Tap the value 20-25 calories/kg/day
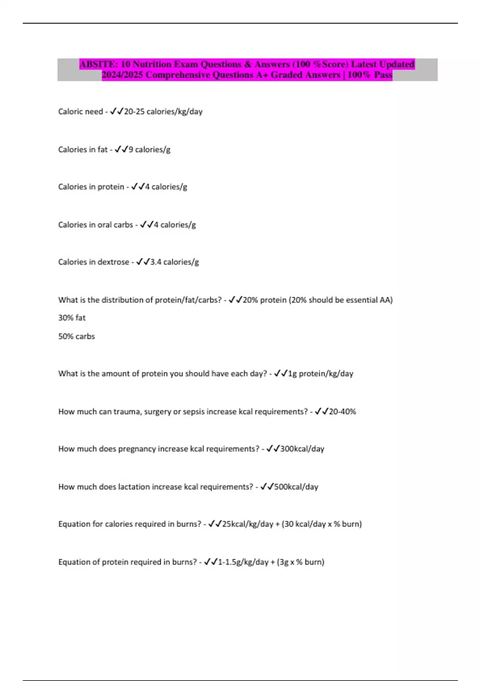coord(163,112)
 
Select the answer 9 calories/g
coord(149,149)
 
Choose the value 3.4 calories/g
coord(174,262)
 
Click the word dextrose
coord(113,262)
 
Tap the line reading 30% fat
coord(72,318)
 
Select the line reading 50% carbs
coord(77,336)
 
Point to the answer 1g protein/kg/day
coord(321,374)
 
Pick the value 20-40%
coord(342,411)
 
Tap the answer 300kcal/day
coord(302,449)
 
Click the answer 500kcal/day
coord(296,487)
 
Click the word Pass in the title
coord(383,75)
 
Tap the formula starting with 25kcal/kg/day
coord(292,524)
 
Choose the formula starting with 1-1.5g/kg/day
coord(271,562)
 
